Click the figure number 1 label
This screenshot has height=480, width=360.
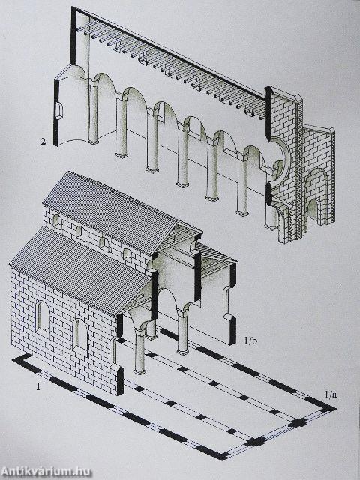[x=38, y=387]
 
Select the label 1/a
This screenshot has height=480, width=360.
[x=331, y=395]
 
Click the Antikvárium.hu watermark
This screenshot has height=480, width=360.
[x=46, y=471]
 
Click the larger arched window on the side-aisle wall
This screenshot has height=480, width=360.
[x=43, y=316]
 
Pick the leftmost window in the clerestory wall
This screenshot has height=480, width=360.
[x=57, y=220]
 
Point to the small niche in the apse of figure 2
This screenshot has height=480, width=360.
[x=59, y=112]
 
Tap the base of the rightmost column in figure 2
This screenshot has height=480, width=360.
[x=271, y=227]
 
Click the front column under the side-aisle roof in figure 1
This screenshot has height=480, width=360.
[x=140, y=352]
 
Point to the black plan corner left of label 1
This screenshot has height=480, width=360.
[x=22, y=358]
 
